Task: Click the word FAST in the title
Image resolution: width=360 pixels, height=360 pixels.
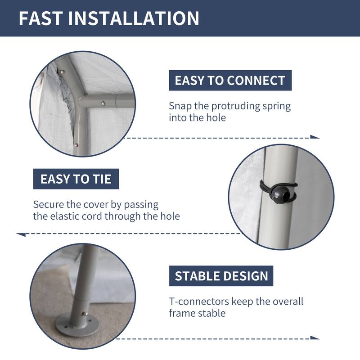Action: tap(40, 18)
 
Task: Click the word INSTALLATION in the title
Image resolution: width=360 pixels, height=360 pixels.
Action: tap(134, 18)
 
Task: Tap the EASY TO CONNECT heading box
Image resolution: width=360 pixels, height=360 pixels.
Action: tap(230, 81)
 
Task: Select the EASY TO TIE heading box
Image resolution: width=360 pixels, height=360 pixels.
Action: tap(76, 179)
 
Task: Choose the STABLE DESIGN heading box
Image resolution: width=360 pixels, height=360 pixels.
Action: tap(221, 276)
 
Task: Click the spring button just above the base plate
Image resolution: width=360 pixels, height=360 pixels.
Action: tap(85, 313)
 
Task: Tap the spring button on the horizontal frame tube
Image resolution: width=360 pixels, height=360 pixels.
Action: tap(103, 104)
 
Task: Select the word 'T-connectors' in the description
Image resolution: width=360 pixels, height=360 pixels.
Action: tap(199, 301)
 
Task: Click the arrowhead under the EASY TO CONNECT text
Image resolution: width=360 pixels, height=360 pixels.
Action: tap(315, 137)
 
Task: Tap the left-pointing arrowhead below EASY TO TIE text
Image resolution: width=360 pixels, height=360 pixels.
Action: tap(21, 234)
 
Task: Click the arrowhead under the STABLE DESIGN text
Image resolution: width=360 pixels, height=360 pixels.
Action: tap(315, 338)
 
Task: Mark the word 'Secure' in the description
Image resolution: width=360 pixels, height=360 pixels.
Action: tap(48, 204)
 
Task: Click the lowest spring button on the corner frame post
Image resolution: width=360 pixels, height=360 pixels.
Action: tap(76, 145)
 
